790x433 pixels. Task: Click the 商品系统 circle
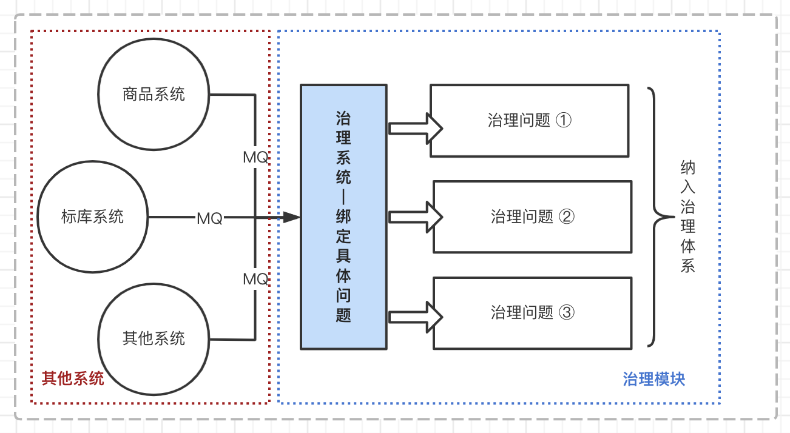coord(154,95)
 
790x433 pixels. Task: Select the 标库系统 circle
coord(93,217)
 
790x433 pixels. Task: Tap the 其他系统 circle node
coord(154,338)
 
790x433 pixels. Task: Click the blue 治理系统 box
coord(343,217)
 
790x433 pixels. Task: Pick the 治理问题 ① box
coord(529,121)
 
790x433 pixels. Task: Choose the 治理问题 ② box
coord(532,216)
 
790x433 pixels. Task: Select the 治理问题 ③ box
coord(532,313)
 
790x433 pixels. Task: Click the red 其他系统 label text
coord(73,379)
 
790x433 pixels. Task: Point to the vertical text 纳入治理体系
coord(687,216)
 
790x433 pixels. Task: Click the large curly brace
coord(656,216)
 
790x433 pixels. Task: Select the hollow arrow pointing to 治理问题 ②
coord(416,216)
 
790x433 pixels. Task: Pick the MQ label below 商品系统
coord(255,157)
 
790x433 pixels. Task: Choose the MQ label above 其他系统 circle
coord(255,279)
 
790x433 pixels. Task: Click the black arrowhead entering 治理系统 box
coord(292,217)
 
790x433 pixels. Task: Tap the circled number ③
coord(565,313)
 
